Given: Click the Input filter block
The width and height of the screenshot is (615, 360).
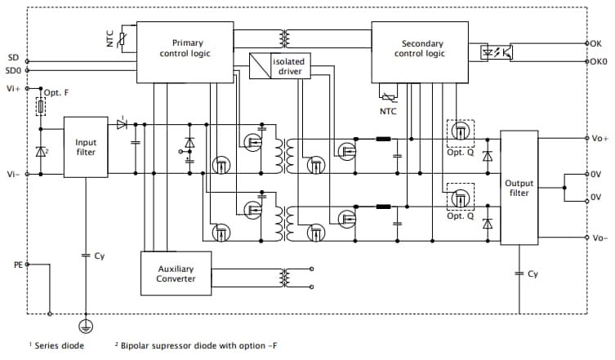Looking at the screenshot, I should [x=85, y=148].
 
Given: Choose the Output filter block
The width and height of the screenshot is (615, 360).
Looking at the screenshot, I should [x=519, y=188].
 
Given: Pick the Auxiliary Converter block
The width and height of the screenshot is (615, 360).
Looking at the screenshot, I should [x=176, y=273].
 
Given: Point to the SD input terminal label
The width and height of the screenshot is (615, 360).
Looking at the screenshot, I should [x=12, y=58].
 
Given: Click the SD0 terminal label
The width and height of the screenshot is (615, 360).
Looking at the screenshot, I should [x=14, y=70].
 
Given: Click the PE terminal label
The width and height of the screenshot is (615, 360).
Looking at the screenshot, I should [x=18, y=264].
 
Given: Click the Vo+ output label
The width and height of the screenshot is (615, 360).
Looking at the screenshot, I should [x=598, y=138].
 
